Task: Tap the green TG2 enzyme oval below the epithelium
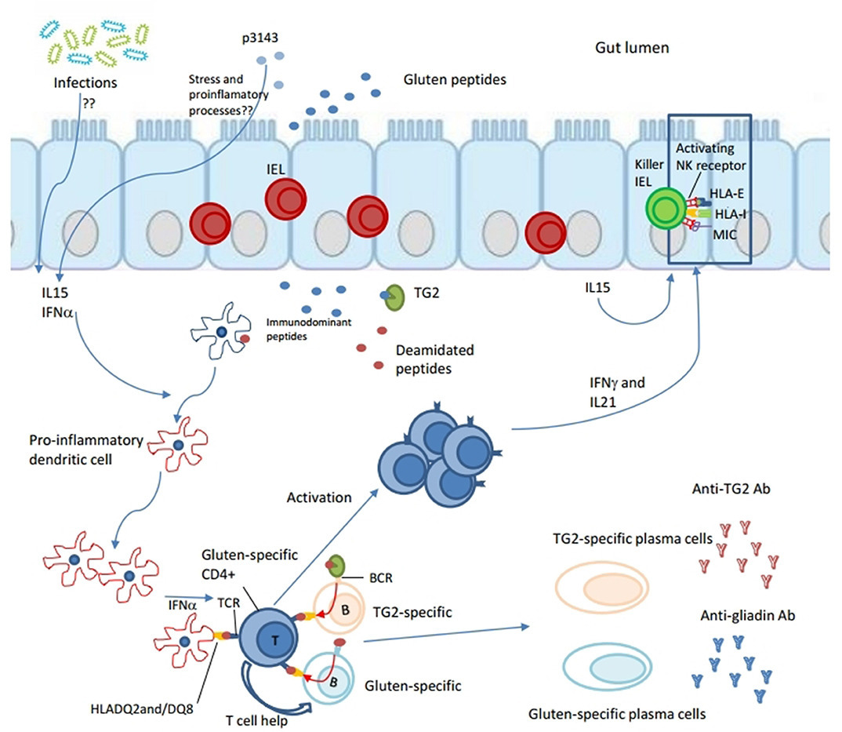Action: click(x=394, y=297)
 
